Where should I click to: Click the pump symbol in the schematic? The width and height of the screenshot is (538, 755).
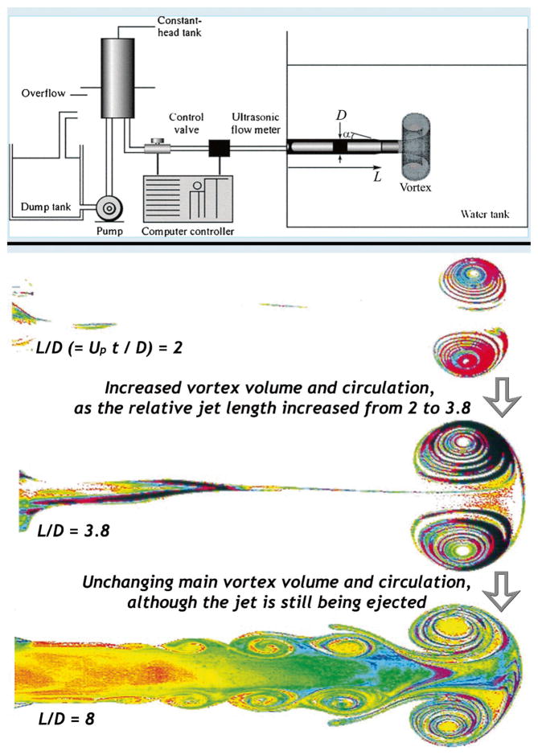[107, 208]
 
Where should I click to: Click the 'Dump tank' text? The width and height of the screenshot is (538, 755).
[44, 208]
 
